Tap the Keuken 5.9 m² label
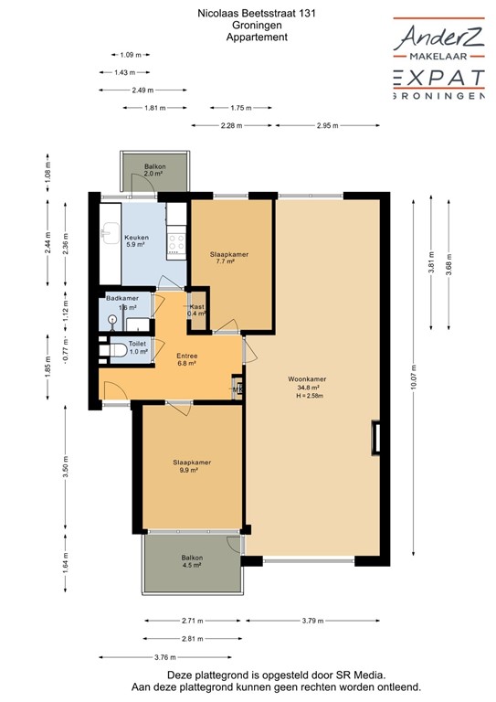point(135,240)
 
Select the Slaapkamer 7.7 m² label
point(229,257)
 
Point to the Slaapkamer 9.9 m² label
point(192,466)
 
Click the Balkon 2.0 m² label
point(154,169)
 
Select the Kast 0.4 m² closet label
point(197,310)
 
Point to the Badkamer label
point(121,299)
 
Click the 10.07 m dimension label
point(417,380)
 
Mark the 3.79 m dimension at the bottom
point(311,622)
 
